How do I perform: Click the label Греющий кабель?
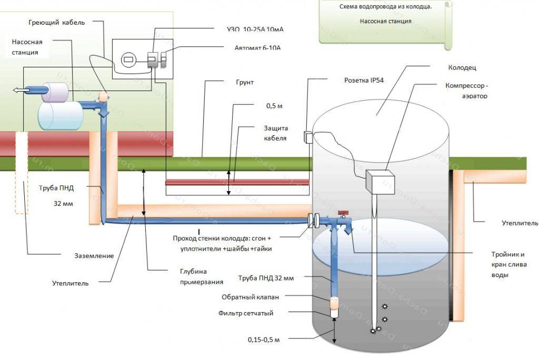coord(56,23)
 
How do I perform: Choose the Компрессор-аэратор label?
coord(466,91)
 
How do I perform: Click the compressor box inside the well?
coord(379,183)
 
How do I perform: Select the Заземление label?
coord(94,255)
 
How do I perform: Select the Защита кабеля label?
coord(275,133)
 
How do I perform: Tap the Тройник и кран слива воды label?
coord(508,264)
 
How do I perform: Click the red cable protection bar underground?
coord(237,182)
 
